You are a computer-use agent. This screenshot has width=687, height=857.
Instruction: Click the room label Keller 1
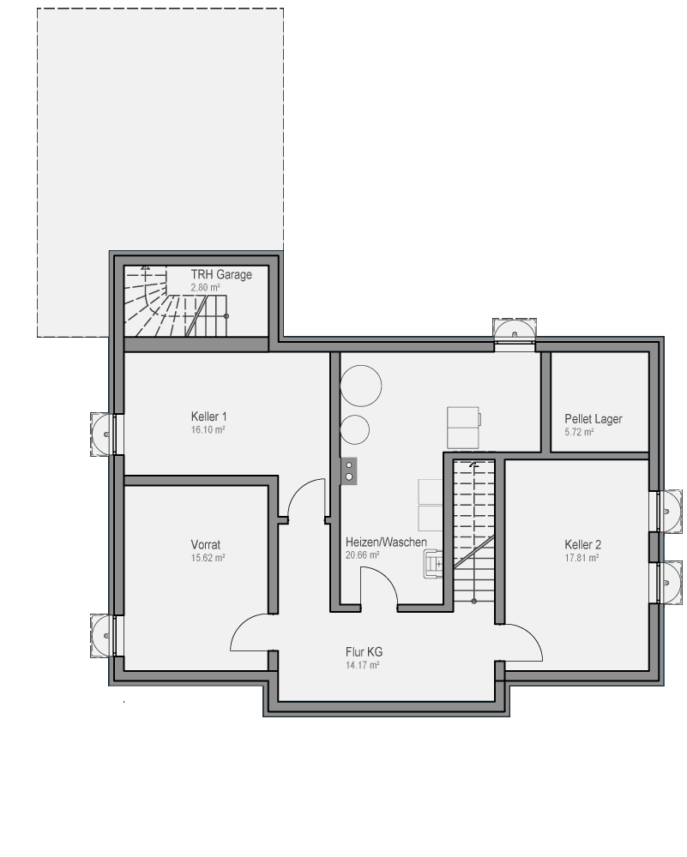(209, 417)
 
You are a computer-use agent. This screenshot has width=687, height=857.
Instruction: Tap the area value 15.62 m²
(208, 558)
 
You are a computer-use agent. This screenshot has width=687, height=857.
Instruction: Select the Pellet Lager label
(594, 419)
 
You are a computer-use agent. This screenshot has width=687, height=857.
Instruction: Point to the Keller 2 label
(582, 545)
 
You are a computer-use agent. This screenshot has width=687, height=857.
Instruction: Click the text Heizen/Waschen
(386, 542)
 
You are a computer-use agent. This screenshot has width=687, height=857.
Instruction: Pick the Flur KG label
(364, 652)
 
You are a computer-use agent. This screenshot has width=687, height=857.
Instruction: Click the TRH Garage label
(221, 274)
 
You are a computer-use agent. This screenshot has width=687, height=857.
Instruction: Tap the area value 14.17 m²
(363, 665)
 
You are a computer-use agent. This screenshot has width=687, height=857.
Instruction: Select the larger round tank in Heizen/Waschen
(360, 386)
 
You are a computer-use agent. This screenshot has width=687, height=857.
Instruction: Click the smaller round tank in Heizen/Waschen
(354, 429)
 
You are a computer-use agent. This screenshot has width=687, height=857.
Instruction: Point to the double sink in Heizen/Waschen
(349, 471)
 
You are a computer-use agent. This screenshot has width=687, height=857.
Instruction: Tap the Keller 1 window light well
(103, 434)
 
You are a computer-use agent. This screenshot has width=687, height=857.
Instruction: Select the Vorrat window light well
(103, 636)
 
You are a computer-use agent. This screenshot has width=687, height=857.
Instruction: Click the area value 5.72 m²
(579, 432)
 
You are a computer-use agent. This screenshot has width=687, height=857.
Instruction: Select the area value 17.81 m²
(582, 558)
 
